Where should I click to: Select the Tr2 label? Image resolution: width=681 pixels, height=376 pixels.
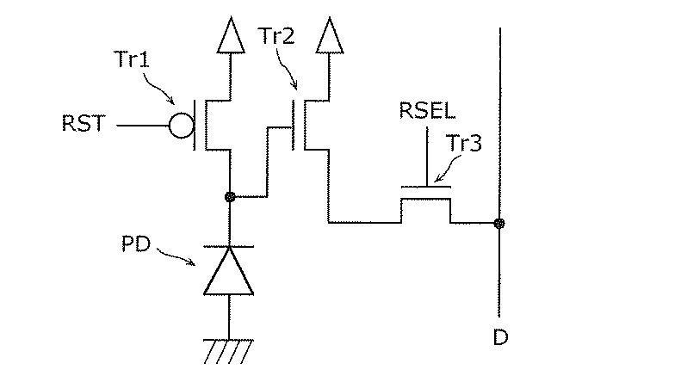[x=275, y=36]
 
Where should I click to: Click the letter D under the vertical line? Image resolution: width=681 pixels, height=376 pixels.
[x=500, y=337]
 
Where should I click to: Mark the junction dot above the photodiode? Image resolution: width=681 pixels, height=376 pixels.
[x=229, y=197]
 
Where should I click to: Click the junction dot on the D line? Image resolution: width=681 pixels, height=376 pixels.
[x=499, y=223]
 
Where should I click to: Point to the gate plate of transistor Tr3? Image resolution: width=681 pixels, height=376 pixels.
[x=426, y=185]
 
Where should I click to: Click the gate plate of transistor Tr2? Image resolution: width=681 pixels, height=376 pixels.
[x=296, y=126]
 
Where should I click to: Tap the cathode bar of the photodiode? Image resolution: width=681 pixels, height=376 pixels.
[x=229, y=246]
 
